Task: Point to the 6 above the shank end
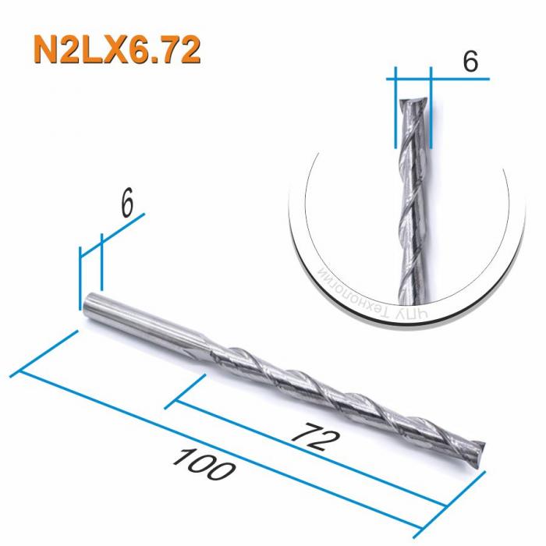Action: click(x=128, y=204)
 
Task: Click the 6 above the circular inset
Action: click(x=470, y=62)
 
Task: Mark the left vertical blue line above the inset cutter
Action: click(x=395, y=109)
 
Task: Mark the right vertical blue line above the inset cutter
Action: click(x=431, y=109)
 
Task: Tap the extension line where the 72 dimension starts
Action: click(x=187, y=390)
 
